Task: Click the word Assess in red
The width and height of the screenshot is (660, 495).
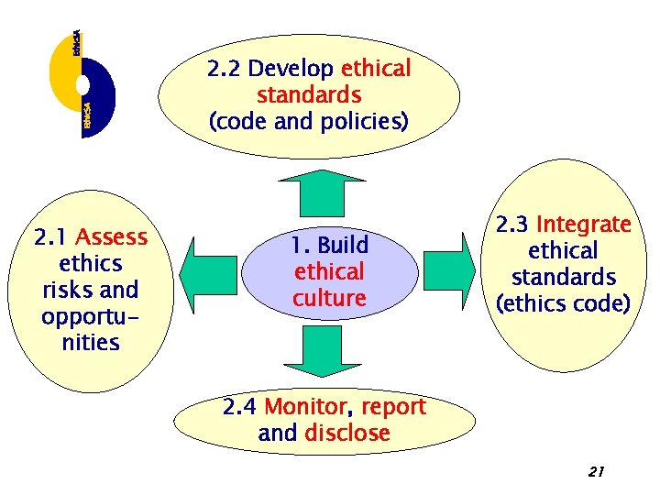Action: pos(112,237)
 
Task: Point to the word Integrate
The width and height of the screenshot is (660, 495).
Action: pos(584,225)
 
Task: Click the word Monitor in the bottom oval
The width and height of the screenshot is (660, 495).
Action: pos(304,407)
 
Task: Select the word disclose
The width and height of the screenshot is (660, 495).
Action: pos(347,433)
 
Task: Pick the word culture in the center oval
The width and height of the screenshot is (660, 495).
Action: pos(329,298)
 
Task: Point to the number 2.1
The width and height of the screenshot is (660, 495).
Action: pos(52,237)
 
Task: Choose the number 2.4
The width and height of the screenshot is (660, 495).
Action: pos(240,407)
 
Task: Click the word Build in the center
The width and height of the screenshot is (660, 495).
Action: pos(343,246)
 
